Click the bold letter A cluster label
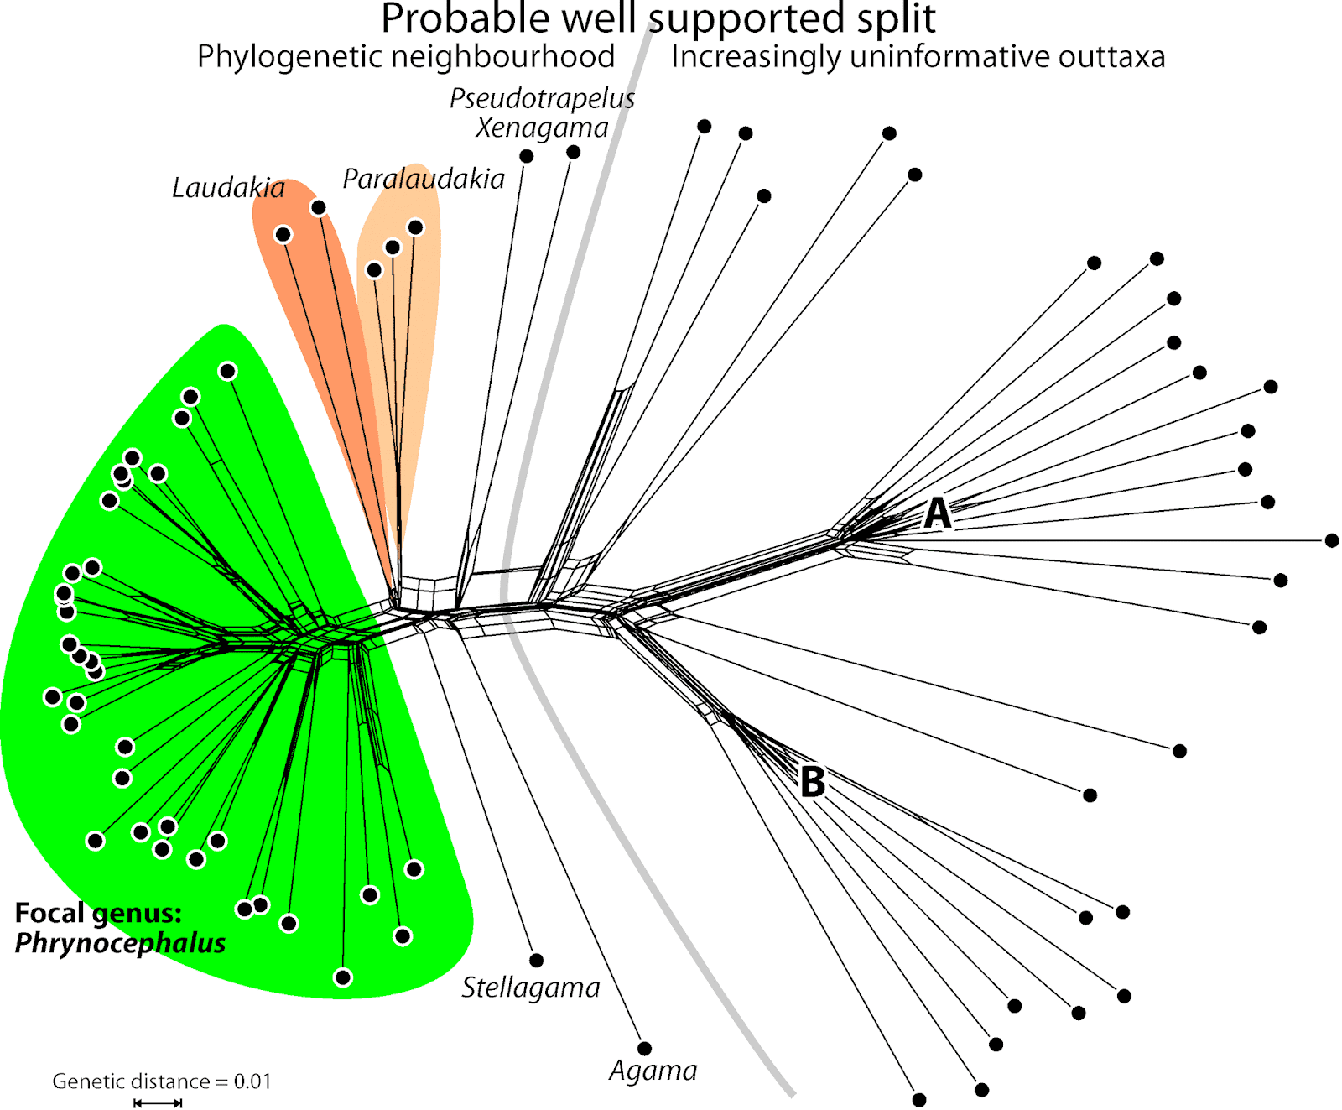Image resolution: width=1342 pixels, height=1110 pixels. [938, 513]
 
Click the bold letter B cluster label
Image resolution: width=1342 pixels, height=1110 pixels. [812, 782]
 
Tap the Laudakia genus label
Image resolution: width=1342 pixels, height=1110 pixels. [228, 188]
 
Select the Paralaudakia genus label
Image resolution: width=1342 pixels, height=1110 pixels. [424, 179]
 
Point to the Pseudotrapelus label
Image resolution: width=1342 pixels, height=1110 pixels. [542, 98]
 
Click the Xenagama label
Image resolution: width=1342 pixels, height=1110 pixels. [542, 128]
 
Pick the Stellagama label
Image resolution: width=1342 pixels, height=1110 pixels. [531, 988]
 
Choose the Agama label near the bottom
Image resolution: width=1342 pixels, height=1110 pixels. [653, 1071]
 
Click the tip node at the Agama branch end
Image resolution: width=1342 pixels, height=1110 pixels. [644, 1048]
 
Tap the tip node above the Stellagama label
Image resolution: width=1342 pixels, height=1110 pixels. [537, 960]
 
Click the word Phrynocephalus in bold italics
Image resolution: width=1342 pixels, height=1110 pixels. [120, 943]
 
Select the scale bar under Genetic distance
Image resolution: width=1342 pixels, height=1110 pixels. [158, 1102]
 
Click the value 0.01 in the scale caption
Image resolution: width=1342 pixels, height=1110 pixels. [252, 1081]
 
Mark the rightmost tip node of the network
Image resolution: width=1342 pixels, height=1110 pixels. [1332, 540]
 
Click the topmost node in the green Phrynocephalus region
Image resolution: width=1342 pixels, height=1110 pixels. [228, 371]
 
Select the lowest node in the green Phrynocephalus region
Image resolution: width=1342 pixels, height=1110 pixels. [342, 977]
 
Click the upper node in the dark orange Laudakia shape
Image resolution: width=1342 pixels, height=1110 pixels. [318, 207]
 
